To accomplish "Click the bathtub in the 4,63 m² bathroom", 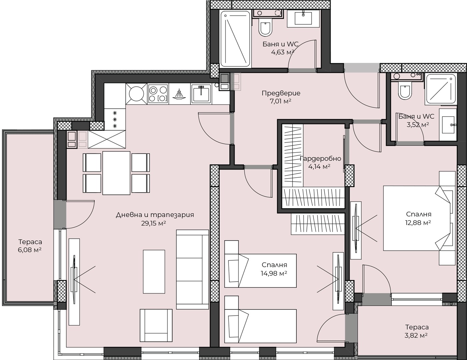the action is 235,39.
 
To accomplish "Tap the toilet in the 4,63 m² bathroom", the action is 266,29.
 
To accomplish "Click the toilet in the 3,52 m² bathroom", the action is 405,91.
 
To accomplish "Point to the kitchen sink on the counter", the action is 201,94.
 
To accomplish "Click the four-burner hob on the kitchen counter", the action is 158,94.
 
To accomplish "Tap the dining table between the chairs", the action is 116,173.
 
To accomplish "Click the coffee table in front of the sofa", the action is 154,272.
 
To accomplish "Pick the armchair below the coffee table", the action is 156,325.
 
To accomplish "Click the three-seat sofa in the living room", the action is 192,270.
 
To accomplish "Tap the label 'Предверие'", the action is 281,93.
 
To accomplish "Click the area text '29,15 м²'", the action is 153,223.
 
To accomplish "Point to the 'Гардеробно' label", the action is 320,158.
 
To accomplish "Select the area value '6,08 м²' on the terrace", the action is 30,250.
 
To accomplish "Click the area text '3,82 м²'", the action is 416,335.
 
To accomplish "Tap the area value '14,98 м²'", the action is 274,273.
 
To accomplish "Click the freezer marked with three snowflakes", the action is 115,119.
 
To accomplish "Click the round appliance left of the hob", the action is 136,94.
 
